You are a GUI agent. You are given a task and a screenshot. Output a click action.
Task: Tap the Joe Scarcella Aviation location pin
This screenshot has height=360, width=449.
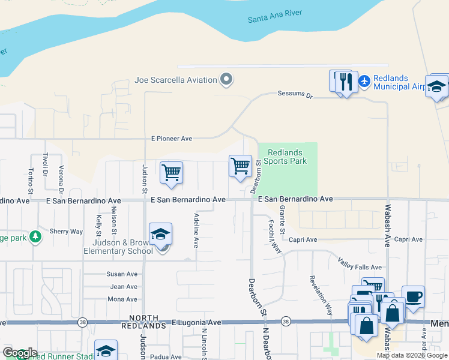click(x=226, y=80)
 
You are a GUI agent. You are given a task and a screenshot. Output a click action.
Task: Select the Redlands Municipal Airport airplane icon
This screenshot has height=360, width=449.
click(x=364, y=80)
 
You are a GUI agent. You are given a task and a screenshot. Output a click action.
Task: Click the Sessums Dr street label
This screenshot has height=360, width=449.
click(x=295, y=94)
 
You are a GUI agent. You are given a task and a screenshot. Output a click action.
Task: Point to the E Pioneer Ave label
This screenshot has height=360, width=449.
click(x=172, y=139)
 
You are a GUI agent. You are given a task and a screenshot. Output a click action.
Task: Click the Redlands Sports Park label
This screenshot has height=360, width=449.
click(x=287, y=157)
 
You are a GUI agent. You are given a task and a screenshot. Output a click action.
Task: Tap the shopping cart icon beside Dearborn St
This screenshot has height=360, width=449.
click(x=240, y=166)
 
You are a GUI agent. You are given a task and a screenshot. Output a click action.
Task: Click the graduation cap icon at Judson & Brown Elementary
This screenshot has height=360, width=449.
click(x=161, y=235)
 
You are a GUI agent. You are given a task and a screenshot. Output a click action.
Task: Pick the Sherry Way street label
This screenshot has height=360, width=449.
click(x=66, y=231)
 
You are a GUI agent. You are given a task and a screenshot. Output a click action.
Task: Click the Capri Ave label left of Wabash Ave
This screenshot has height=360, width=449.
click(x=303, y=239)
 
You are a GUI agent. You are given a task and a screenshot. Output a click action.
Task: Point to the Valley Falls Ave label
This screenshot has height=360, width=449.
click(x=360, y=267)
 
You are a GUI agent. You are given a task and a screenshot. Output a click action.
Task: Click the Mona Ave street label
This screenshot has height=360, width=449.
click(x=122, y=299)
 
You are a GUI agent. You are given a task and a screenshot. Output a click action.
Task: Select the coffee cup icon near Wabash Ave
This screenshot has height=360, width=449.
click(x=413, y=296)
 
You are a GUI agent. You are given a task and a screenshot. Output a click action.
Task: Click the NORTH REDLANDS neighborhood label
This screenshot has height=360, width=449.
click(x=144, y=322)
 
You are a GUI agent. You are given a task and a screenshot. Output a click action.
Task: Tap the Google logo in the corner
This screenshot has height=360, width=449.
click(x=19, y=353)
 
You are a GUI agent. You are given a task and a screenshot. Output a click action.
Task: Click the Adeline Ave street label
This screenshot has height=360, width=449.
click(x=196, y=230)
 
